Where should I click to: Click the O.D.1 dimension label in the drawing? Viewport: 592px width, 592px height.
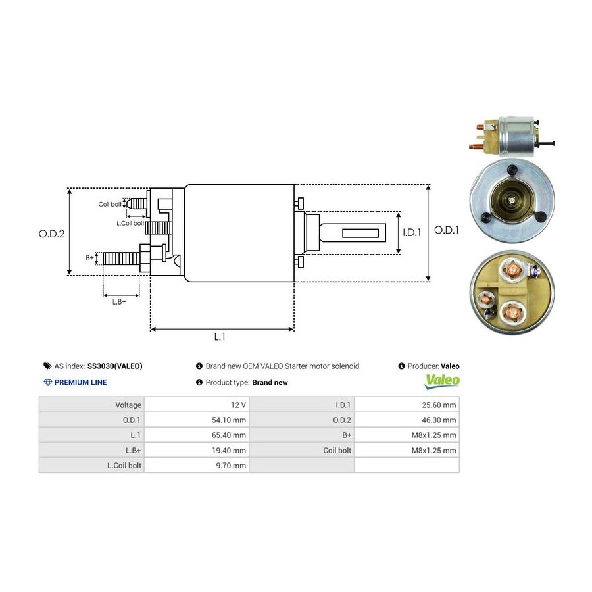click(x=447, y=230)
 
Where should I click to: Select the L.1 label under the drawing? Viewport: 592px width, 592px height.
click(x=220, y=337)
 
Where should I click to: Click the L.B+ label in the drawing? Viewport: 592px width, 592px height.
click(x=118, y=301)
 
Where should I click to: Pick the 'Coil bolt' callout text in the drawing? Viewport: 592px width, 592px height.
click(x=110, y=205)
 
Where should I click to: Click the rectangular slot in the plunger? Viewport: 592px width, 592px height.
click(x=363, y=232)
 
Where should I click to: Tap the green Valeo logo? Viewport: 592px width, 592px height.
click(x=442, y=380)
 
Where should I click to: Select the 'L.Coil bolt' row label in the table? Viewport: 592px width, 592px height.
click(x=124, y=465)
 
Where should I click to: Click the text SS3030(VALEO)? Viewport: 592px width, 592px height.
click(x=114, y=366)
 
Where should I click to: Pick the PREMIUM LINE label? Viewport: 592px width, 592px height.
click(x=80, y=382)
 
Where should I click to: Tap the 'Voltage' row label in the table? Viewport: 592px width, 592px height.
click(x=128, y=405)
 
